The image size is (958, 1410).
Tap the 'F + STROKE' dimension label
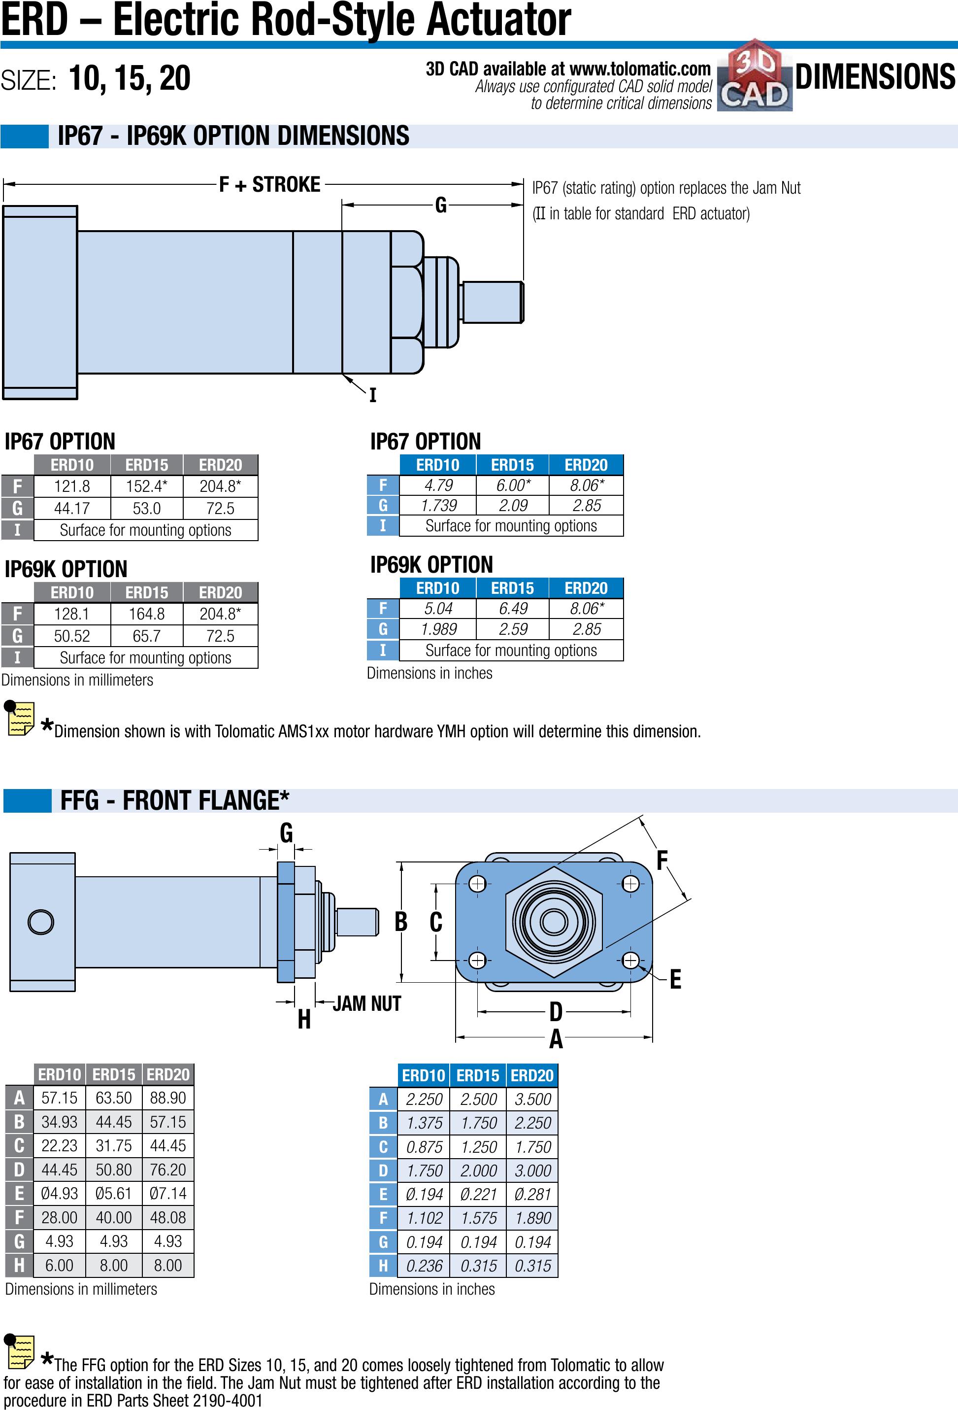click(270, 184)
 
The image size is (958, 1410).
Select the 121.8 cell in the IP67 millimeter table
click(71, 486)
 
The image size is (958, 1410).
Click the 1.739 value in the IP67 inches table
click(438, 505)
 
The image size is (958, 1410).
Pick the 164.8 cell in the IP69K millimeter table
click(146, 614)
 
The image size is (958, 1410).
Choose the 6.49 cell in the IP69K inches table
click(512, 609)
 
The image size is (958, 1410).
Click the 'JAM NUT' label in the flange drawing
click(366, 1003)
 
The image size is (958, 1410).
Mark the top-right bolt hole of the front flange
click(630, 883)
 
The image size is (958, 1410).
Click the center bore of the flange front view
click(554, 922)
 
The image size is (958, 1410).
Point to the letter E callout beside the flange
click(675, 979)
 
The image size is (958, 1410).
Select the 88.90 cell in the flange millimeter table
click(168, 1098)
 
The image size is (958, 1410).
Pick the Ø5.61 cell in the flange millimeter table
click(113, 1194)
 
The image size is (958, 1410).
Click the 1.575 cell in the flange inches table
click(478, 1218)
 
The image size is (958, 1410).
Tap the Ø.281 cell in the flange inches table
click(532, 1194)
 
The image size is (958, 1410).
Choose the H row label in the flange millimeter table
click(19, 1265)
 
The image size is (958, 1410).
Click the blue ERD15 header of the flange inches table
click(478, 1076)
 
